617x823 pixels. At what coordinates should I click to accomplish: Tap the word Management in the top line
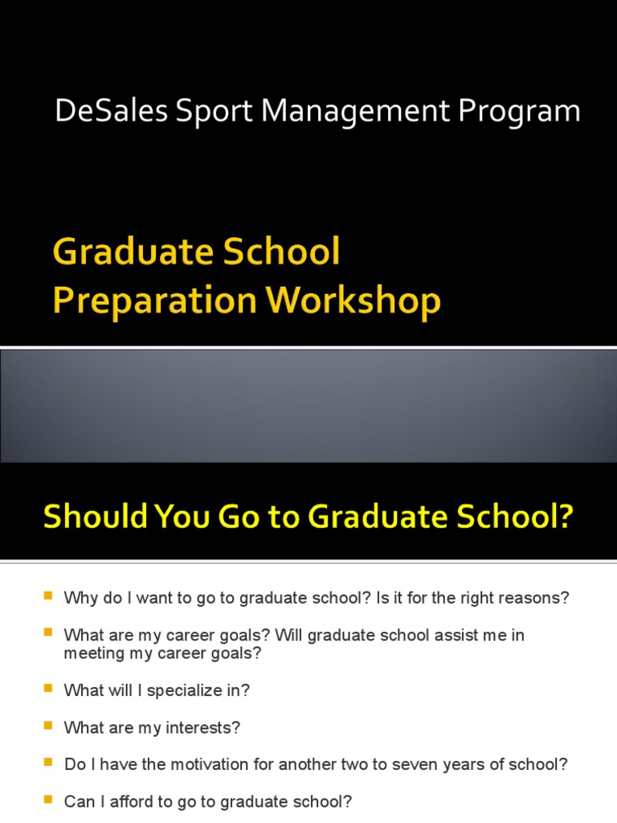tap(356, 112)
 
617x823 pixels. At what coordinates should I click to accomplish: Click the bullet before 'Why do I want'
tap(47, 596)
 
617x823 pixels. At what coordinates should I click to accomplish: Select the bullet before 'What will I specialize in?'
tap(47, 689)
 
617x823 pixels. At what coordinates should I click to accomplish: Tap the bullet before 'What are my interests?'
tap(47, 726)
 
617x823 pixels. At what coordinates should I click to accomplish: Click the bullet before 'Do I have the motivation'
tap(47, 763)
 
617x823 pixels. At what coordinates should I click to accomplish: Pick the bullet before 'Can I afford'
tap(47, 800)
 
